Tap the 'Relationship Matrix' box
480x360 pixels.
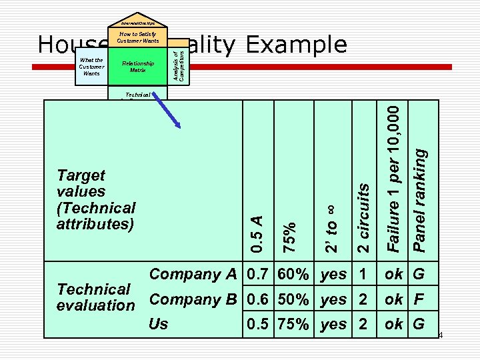pyautogui.click(x=138, y=67)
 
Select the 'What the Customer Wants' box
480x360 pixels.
pyautogui.click(x=91, y=67)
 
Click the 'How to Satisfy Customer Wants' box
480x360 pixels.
pyautogui.click(x=138, y=37)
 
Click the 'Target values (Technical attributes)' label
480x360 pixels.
pyautogui.click(x=96, y=199)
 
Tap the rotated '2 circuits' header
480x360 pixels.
pyautogui.click(x=363, y=218)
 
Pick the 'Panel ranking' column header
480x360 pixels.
pyautogui.click(x=420, y=199)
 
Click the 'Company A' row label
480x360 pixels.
pyautogui.click(x=193, y=274)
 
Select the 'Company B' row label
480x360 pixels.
pyautogui.click(x=193, y=299)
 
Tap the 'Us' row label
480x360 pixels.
pyautogui.click(x=159, y=324)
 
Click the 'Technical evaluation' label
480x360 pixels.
pyautogui.click(x=96, y=297)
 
